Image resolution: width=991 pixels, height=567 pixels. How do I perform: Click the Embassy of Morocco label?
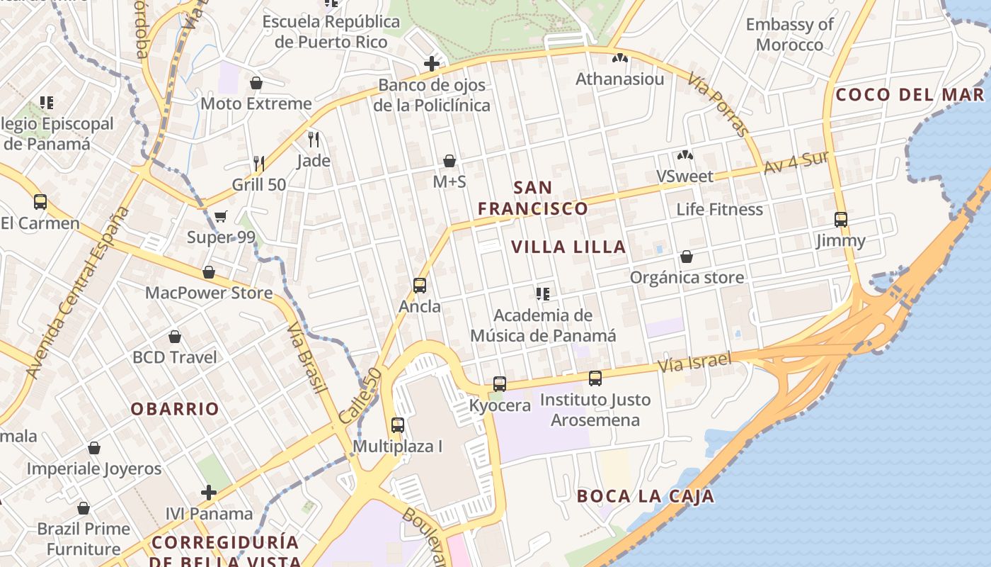point(789,35)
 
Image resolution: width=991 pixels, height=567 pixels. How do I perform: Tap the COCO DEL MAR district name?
point(910,94)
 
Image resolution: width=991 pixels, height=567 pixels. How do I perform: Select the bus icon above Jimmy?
point(841,220)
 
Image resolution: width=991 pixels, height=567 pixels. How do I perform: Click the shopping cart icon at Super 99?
point(221,216)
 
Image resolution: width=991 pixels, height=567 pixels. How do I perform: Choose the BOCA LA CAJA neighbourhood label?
point(645,496)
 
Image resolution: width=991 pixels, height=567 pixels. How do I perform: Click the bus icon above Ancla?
point(420,286)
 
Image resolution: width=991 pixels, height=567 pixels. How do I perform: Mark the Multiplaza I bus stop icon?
point(398,425)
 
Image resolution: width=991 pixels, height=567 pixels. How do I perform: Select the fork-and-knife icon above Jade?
point(314,139)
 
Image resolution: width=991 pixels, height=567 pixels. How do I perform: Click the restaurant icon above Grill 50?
point(259,164)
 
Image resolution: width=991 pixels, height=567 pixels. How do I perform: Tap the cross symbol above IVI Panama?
point(209,492)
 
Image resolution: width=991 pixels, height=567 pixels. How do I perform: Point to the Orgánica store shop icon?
point(686,257)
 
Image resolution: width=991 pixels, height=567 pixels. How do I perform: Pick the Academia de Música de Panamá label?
point(543,325)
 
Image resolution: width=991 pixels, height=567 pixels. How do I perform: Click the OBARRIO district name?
point(175,409)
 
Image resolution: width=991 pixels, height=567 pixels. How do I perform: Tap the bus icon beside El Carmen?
point(40,202)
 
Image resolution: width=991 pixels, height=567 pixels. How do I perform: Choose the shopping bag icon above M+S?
point(449,161)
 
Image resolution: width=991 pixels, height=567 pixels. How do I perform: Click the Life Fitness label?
point(719,209)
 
